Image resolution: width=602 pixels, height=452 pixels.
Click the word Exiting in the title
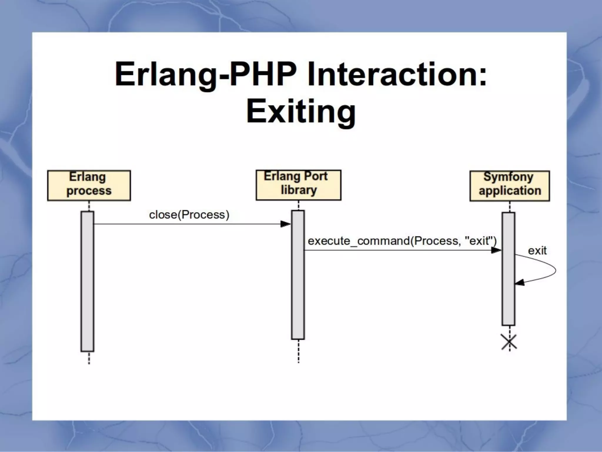click(x=301, y=112)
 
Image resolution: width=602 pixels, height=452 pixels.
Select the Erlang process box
click(x=89, y=185)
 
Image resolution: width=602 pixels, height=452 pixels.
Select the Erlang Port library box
click(x=298, y=185)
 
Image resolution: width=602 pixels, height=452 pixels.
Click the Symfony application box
click(x=509, y=186)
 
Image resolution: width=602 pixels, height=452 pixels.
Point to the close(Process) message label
click(x=189, y=215)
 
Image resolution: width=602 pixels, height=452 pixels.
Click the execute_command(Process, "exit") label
click(x=402, y=241)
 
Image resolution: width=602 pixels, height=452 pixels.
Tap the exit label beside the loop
click(x=537, y=251)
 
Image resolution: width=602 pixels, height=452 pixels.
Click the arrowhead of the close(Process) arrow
click(x=285, y=224)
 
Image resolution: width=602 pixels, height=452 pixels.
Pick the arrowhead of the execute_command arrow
click(x=496, y=250)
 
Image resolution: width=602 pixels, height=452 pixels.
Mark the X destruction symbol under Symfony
click(x=509, y=342)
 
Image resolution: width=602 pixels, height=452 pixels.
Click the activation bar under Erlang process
click(x=87, y=281)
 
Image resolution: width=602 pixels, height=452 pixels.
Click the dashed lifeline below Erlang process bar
click(x=89, y=358)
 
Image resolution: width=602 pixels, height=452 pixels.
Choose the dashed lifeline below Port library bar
click(x=298, y=351)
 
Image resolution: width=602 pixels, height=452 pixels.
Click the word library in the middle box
click(x=299, y=190)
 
